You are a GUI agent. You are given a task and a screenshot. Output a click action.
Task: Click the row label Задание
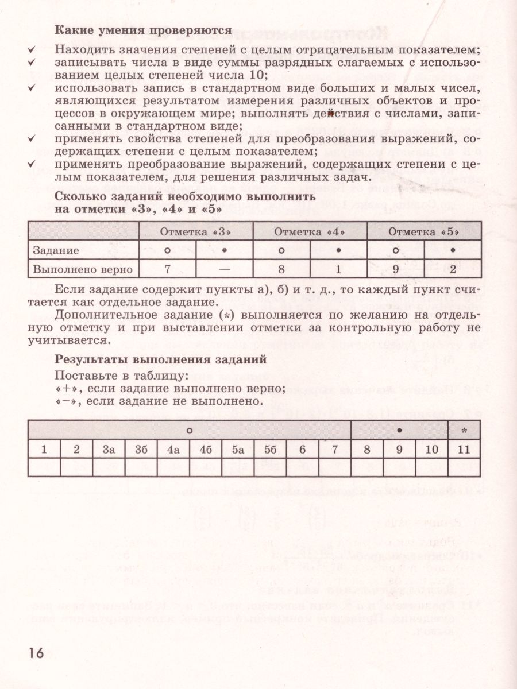[x=56, y=251]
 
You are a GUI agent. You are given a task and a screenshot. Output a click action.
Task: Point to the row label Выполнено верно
[x=83, y=269]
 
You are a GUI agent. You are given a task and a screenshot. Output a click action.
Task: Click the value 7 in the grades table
[x=167, y=269]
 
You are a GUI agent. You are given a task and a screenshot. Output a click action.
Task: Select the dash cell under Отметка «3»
[x=224, y=269]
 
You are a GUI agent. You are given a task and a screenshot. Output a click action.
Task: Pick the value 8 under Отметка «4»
[x=281, y=269]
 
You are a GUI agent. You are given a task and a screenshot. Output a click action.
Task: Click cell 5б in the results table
[x=271, y=450]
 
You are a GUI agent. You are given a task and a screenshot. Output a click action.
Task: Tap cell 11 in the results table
[x=464, y=450]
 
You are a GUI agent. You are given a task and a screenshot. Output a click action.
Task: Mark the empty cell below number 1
[x=44, y=467]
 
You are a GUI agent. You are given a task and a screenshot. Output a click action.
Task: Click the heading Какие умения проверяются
[x=143, y=29]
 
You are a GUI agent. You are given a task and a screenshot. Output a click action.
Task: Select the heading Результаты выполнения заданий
[x=160, y=360]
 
